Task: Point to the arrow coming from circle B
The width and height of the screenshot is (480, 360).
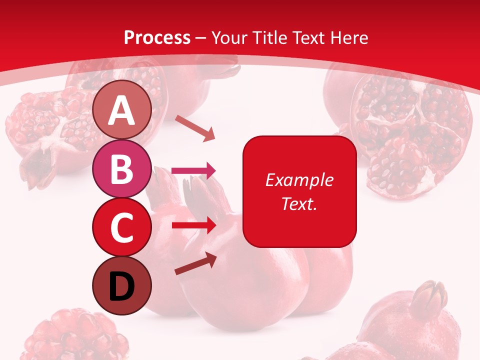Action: coord(193,171)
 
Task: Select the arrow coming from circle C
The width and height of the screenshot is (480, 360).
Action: coord(193,225)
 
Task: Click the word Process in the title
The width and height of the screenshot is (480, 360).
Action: coord(157,38)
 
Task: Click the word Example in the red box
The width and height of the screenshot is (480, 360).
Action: coord(299,180)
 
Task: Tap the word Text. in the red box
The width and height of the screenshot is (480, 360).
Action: coord(299,203)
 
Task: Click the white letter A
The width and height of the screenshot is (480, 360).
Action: coord(122,110)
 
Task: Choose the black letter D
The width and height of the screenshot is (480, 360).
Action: coord(122,286)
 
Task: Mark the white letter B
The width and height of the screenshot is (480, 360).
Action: coord(122,168)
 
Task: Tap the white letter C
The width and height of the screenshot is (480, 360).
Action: coord(122,228)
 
